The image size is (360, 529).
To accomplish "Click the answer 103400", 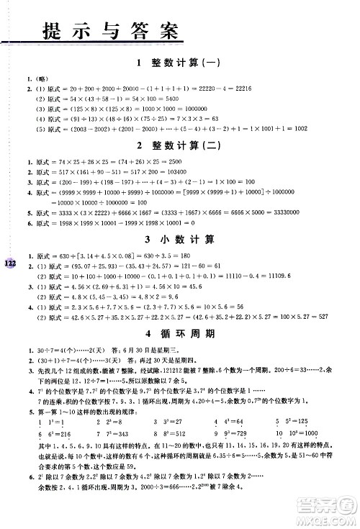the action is (x=176, y=174).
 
